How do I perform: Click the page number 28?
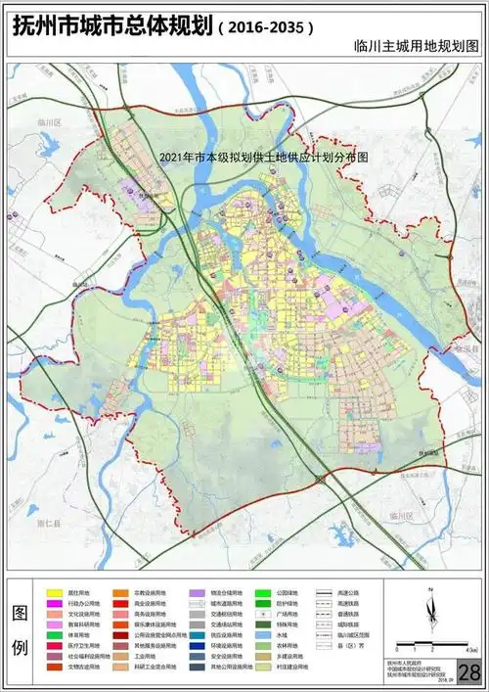pyautogui.click(x=469, y=672)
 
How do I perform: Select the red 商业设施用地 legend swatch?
pyautogui.click(x=121, y=604)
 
